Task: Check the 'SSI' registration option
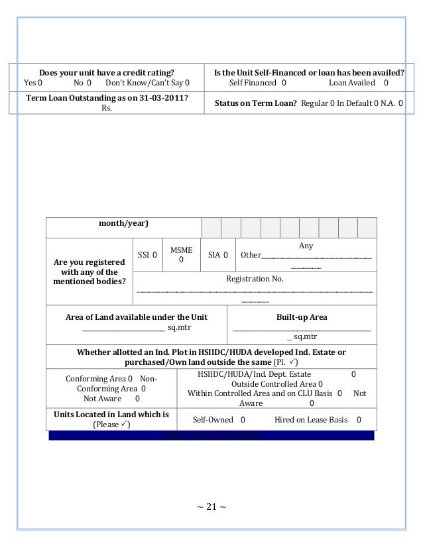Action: [x=147, y=255]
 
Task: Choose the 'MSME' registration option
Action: [x=182, y=255]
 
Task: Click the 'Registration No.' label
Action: [x=255, y=279]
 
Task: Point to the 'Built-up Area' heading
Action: [x=302, y=317]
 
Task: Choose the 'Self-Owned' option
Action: [x=219, y=420]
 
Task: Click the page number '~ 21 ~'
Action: [x=211, y=508]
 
